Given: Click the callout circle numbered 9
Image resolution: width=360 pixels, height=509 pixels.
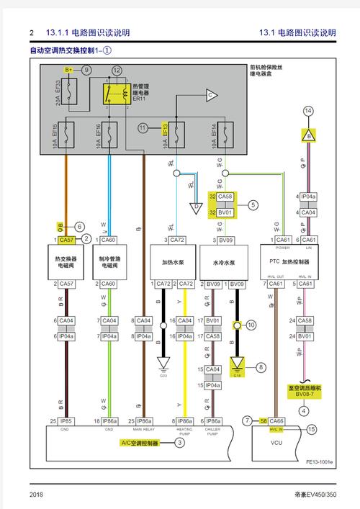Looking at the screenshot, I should pos(86,70).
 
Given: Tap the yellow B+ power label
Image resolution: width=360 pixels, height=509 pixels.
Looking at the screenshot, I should pos(68,70).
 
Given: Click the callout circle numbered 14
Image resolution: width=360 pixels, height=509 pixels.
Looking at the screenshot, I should pos(308,110).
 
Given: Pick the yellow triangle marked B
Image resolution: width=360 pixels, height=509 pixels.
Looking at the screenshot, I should pos(308,135).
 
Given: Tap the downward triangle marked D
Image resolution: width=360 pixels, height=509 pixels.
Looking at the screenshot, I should pos(194,207).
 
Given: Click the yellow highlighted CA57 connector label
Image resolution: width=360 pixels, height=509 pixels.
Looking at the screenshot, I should pos(66,239).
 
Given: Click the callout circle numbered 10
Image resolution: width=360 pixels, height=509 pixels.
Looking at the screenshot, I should pos(250,325).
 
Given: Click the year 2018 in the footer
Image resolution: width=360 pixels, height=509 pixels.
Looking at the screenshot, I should pos(37,495).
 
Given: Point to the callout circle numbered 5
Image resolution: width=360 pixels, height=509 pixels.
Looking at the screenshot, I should pos(253,204).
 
